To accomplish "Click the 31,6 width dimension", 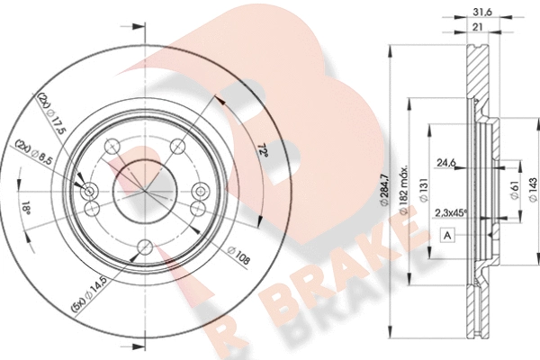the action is [482, 12].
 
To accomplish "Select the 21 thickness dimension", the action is [477, 27].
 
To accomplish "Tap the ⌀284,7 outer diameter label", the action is [384, 191].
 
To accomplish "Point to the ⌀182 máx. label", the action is [403, 190].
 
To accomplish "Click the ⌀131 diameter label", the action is [423, 189].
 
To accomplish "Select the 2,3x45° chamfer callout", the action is [451, 213].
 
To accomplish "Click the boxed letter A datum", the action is [447, 235].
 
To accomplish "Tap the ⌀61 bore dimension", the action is [515, 190].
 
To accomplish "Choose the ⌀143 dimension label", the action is [533, 190].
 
